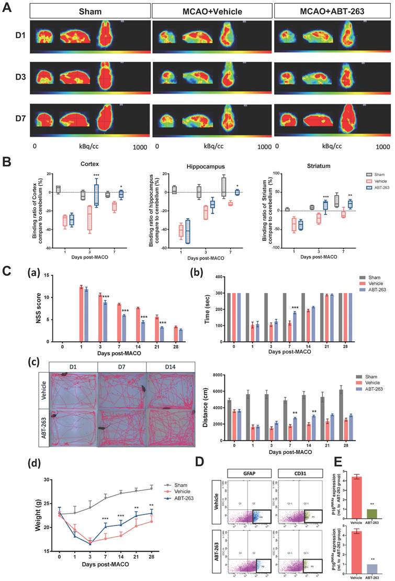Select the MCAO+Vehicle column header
click(x=212, y=12)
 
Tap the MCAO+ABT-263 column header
click(x=333, y=12)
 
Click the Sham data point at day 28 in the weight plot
click(x=151, y=488)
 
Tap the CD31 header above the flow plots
click(x=300, y=474)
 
